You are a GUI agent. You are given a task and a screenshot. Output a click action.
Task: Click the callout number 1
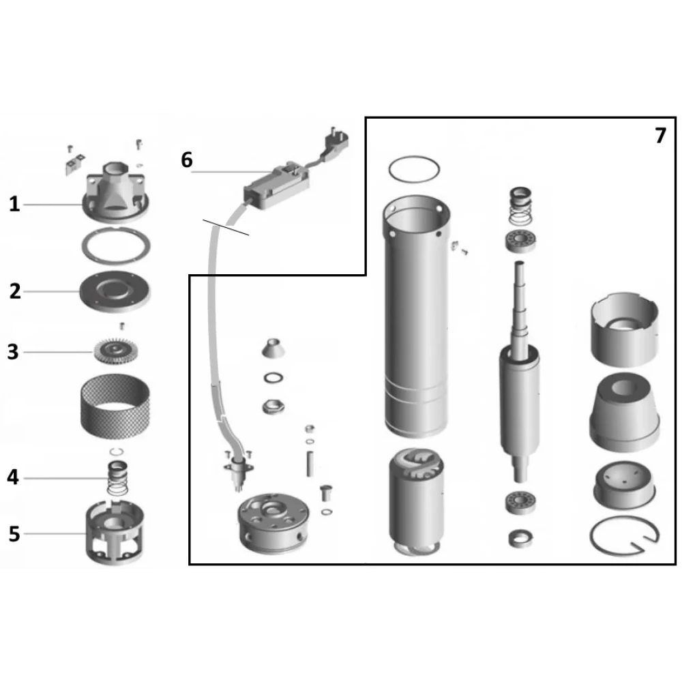14,204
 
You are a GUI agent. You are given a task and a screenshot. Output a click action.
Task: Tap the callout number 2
15,291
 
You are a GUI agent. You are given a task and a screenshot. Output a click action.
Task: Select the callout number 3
13,352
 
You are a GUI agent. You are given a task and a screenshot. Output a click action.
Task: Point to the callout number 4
13,477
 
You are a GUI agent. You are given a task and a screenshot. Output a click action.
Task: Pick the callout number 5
14,534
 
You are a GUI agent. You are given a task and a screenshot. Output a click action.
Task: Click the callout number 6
187,160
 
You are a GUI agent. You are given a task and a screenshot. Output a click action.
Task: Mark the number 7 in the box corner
660,136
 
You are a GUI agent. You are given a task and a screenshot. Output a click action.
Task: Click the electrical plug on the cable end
336,141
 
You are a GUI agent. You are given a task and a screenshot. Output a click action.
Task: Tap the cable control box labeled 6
277,186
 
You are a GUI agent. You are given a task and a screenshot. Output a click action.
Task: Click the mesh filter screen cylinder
115,406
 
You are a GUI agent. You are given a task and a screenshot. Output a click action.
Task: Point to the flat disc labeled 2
115,291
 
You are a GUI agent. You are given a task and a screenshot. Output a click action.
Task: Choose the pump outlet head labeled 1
116,192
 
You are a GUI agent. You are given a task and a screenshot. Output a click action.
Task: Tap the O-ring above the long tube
414,170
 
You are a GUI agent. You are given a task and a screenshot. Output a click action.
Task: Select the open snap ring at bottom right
625,536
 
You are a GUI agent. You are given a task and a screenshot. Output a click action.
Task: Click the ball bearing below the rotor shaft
520,503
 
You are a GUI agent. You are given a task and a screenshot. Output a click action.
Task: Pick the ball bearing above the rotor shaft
520,241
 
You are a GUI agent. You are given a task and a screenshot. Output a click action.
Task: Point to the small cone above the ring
273,348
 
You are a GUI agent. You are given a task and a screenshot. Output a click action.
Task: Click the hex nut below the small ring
273,407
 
